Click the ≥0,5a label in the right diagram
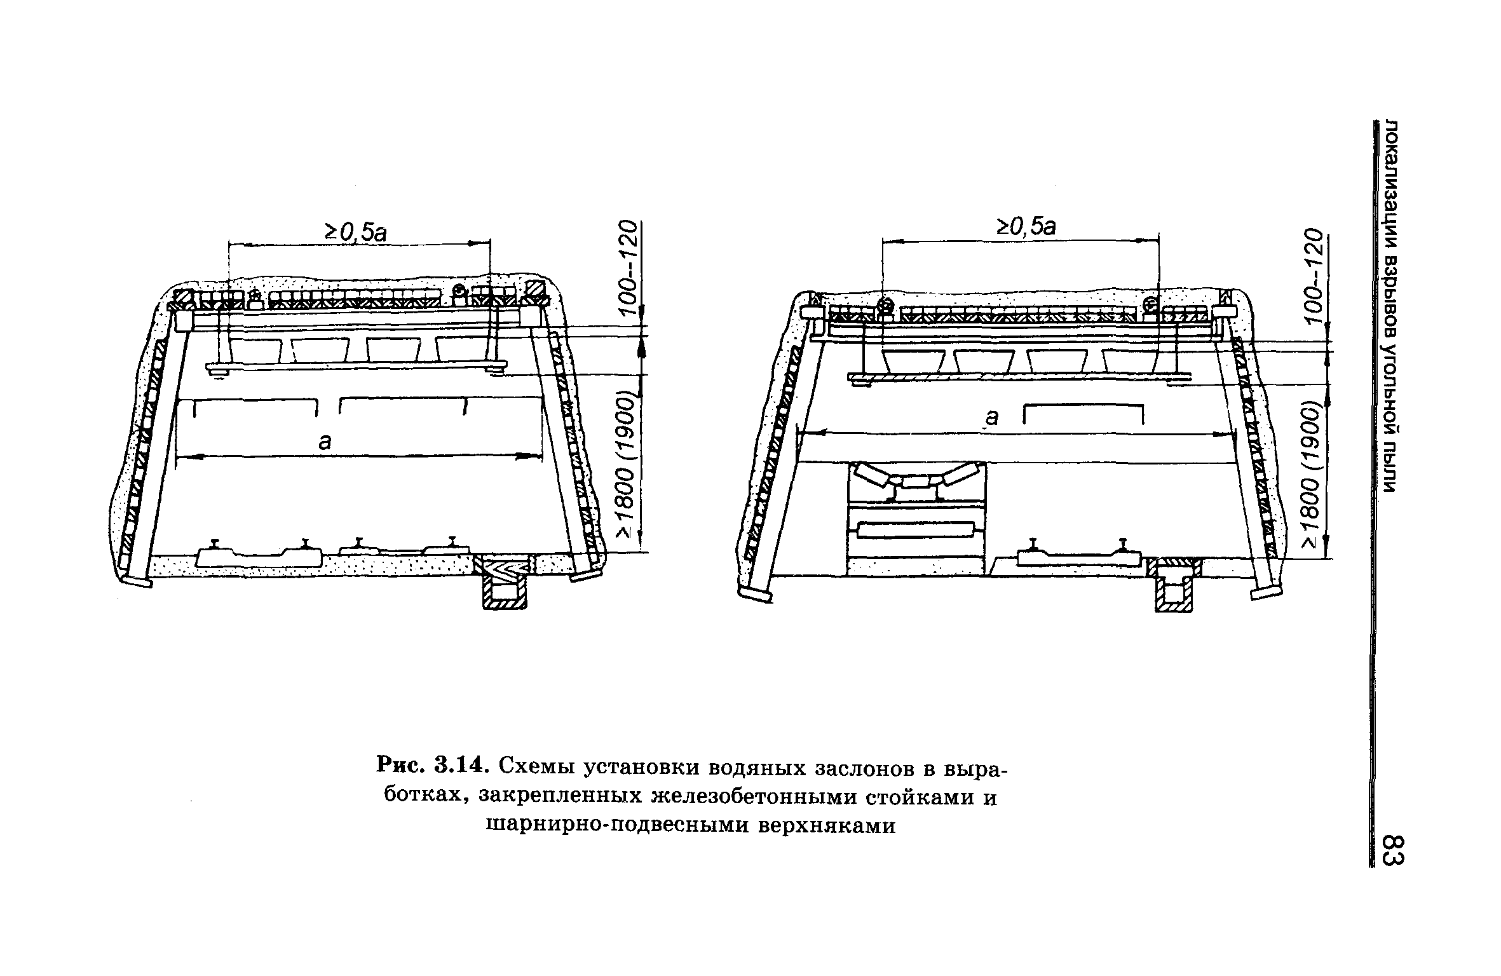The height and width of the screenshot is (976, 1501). coord(1025,226)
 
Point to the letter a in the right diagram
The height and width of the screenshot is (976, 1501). coord(992,417)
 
